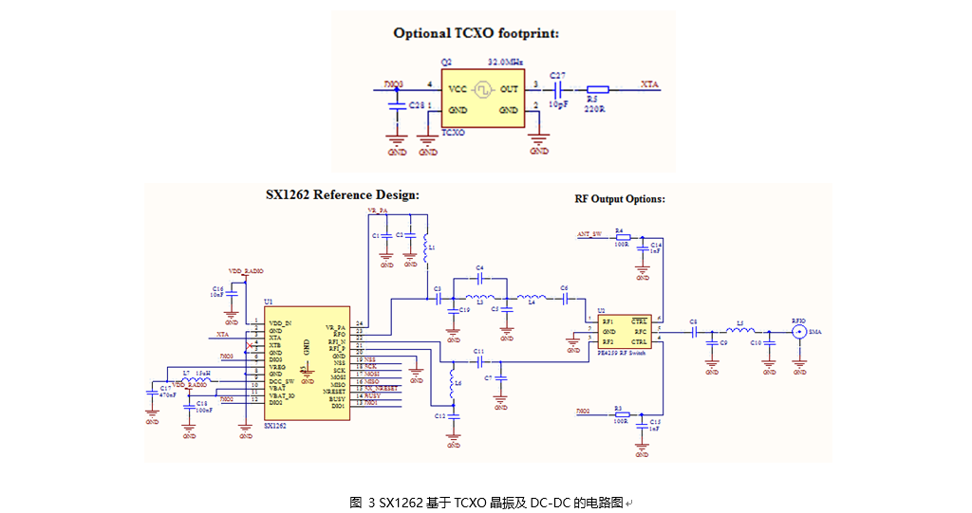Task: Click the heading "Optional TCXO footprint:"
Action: (x=477, y=33)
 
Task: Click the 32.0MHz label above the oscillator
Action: (x=506, y=62)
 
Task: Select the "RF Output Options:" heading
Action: (x=620, y=199)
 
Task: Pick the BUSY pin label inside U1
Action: (x=338, y=397)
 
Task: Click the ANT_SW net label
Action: (x=589, y=233)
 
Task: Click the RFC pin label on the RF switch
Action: (x=638, y=330)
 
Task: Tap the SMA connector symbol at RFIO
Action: (x=800, y=332)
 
